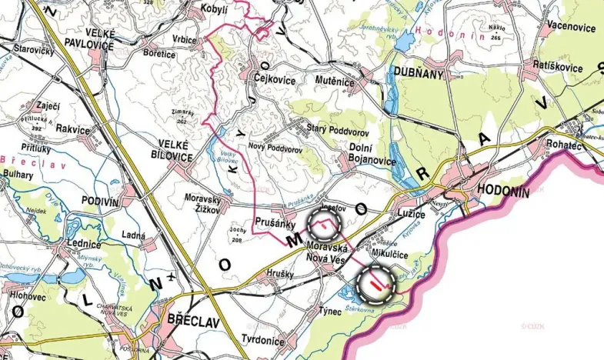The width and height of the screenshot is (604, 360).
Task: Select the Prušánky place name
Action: [x=272, y=219]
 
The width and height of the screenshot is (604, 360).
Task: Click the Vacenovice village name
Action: [x=570, y=27]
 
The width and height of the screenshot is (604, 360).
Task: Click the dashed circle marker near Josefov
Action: [x=323, y=225]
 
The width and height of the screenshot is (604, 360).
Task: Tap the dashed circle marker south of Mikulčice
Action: [x=376, y=285]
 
